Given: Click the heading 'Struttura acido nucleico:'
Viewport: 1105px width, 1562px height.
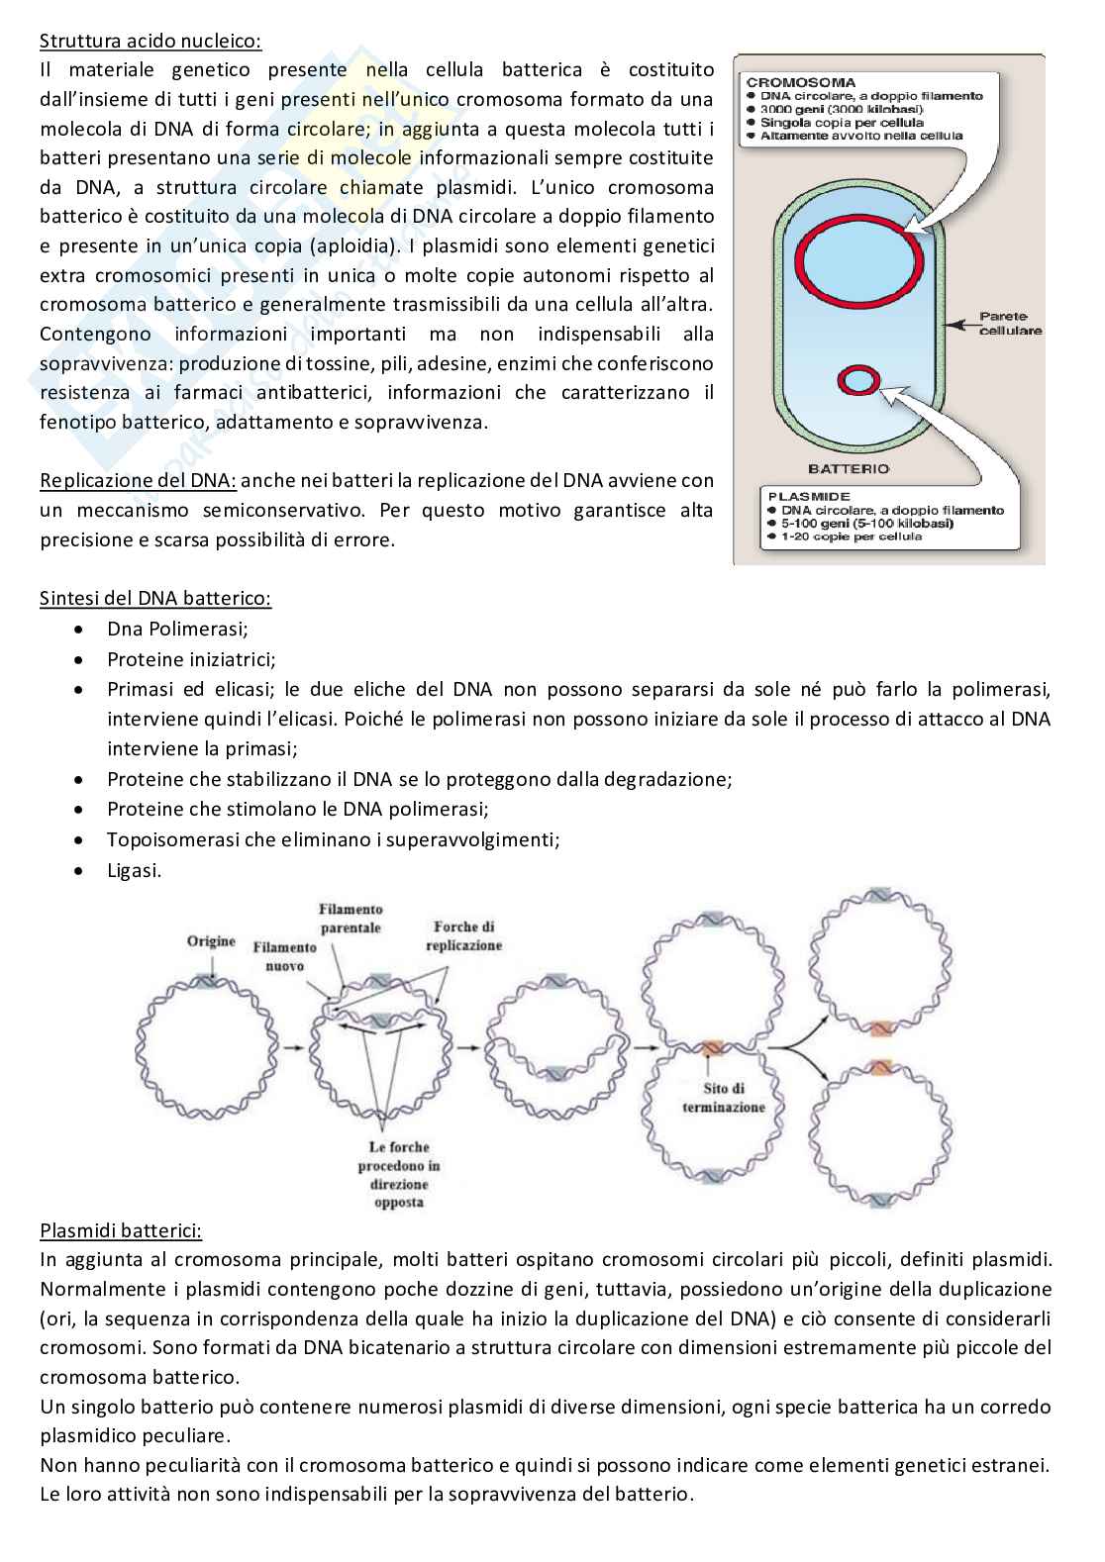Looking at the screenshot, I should tap(151, 41).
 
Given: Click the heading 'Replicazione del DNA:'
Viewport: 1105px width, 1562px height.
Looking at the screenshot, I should tap(138, 481).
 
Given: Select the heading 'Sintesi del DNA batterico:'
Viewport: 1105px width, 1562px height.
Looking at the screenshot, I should tap(155, 599).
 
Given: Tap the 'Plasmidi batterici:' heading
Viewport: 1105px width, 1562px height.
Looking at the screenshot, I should tap(121, 1231).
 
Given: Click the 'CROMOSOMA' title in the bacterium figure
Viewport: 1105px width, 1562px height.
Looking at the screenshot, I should tap(801, 82).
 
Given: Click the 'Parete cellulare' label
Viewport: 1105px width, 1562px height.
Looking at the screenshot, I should tap(1009, 324).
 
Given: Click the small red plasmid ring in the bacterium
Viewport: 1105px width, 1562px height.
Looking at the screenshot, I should tap(857, 379).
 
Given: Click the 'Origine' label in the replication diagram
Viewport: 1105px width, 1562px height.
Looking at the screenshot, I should tap(211, 941).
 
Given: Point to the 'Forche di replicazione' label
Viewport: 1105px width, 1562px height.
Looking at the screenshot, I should tap(463, 935).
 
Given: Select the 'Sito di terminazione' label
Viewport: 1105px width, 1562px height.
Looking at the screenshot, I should tap(723, 1098).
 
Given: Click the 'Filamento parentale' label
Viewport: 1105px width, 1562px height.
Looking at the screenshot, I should tap(351, 918).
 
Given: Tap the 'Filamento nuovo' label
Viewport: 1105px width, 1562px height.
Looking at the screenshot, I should tap(284, 956).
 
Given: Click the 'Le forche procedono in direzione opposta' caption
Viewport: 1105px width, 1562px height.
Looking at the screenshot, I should tap(399, 1174).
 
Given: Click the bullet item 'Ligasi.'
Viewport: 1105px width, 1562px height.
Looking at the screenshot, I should tap(134, 871).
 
